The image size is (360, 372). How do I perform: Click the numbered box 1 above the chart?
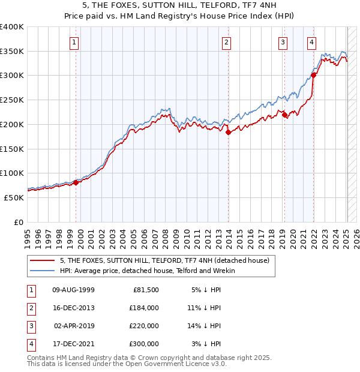pyautogui.click(x=73, y=42)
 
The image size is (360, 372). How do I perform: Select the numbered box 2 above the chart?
pyautogui.click(x=226, y=42)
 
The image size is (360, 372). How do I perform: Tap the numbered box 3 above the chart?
pyautogui.click(x=283, y=42)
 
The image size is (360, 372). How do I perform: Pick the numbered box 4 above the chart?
pyautogui.click(x=312, y=42)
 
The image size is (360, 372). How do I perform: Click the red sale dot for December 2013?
pyautogui.click(x=229, y=133)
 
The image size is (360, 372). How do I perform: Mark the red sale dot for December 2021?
pyautogui.click(x=314, y=76)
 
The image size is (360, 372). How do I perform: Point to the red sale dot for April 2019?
pyautogui.click(x=285, y=115)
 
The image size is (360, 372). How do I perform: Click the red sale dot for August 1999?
pyautogui.click(x=76, y=182)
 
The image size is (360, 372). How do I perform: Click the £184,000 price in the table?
pyautogui.click(x=143, y=308)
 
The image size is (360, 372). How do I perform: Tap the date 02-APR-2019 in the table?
pyautogui.click(x=74, y=326)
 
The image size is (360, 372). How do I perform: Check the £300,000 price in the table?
pyautogui.click(x=143, y=344)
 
